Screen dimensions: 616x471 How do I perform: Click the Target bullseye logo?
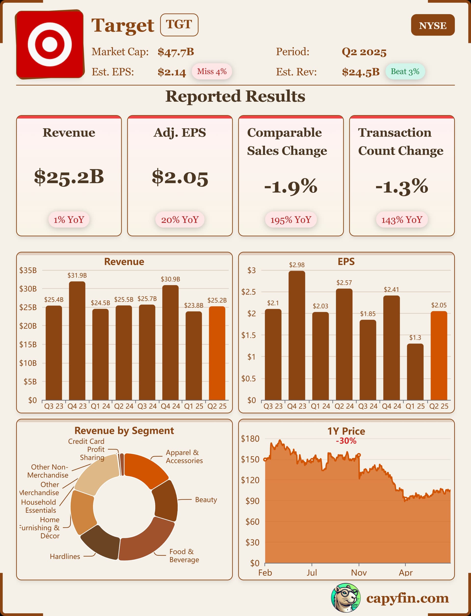(x=50, y=44)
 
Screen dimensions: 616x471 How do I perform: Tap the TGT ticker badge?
(x=179, y=25)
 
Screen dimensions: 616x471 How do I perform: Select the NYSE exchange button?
(x=432, y=25)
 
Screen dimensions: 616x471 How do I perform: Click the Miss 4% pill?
(x=212, y=71)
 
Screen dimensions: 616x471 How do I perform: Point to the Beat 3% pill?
(x=405, y=71)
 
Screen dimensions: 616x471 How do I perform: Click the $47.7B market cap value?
(x=175, y=52)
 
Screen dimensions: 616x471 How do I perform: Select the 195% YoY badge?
(x=291, y=220)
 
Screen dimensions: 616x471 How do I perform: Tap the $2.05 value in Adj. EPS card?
(x=180, y=178)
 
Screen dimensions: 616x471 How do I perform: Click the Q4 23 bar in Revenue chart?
(x=77, y=341)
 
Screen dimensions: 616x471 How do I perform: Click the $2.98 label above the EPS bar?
(x=297, y=265)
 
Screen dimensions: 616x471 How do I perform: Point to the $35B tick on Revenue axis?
(x=28, y=270)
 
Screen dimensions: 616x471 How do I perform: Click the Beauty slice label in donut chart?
(x=206, y=500)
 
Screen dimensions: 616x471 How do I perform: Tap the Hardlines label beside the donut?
(x=65, y=556)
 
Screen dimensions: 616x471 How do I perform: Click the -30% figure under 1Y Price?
(x=346, y=441)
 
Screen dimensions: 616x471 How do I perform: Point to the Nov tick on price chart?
(x=359, y=572)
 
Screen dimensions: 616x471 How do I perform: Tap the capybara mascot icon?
(x=345, y=598)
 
